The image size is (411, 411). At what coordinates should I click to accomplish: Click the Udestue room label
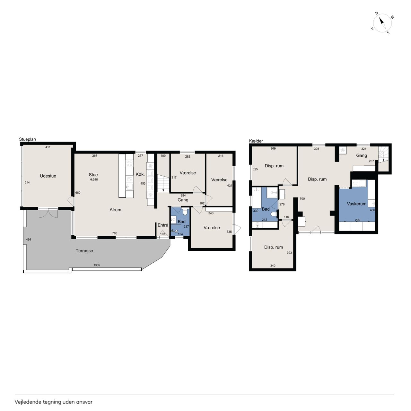[x=48, y=176]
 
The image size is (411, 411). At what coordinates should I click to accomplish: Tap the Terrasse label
[x=84, y=250]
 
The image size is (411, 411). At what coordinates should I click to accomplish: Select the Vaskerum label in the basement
[x=357, y=204]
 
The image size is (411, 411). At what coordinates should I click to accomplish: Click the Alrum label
[x=115, y=210]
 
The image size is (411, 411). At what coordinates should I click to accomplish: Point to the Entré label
[x=163, y=225]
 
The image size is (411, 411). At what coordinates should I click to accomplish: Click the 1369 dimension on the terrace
[x=97, y=265]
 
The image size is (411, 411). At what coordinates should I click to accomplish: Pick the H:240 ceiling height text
[x=94, y=179]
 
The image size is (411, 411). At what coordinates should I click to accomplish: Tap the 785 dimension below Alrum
[x=115, y=233]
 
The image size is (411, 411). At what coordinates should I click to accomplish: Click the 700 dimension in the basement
[x=302, y=198]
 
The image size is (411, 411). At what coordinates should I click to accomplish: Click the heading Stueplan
[x=28, y=139]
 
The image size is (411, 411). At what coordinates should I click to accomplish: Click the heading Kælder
[x=256, y=141]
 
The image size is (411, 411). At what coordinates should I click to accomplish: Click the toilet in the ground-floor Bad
[x=185, y=211]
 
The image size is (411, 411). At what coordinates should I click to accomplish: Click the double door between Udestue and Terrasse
[x=48, y=213]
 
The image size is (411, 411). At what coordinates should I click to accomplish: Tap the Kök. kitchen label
[x=140, y=174]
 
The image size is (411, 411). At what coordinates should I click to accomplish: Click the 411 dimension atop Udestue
[x=48, y=147]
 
